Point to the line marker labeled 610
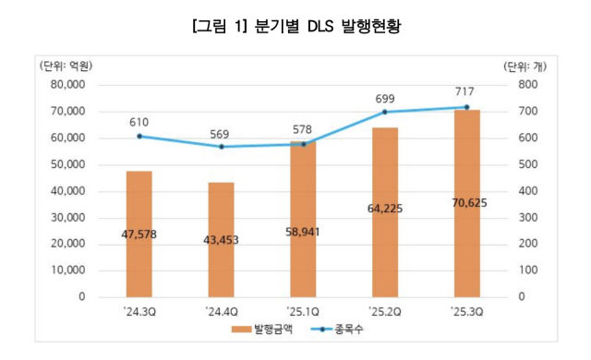pyautogui.click(x=139, y=136)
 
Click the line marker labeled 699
pyautogui.click(x=384, y=112)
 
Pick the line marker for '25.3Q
pyautogui.click(x=466, y=107)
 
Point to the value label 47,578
pyautogui.click(x=139, y=234)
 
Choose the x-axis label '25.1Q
pyautogui.click(x=303, y=312)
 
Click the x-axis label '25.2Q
pyautogui.click(x=384, y=312)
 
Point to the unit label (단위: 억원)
pyautogui.click(x=66, y=66)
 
